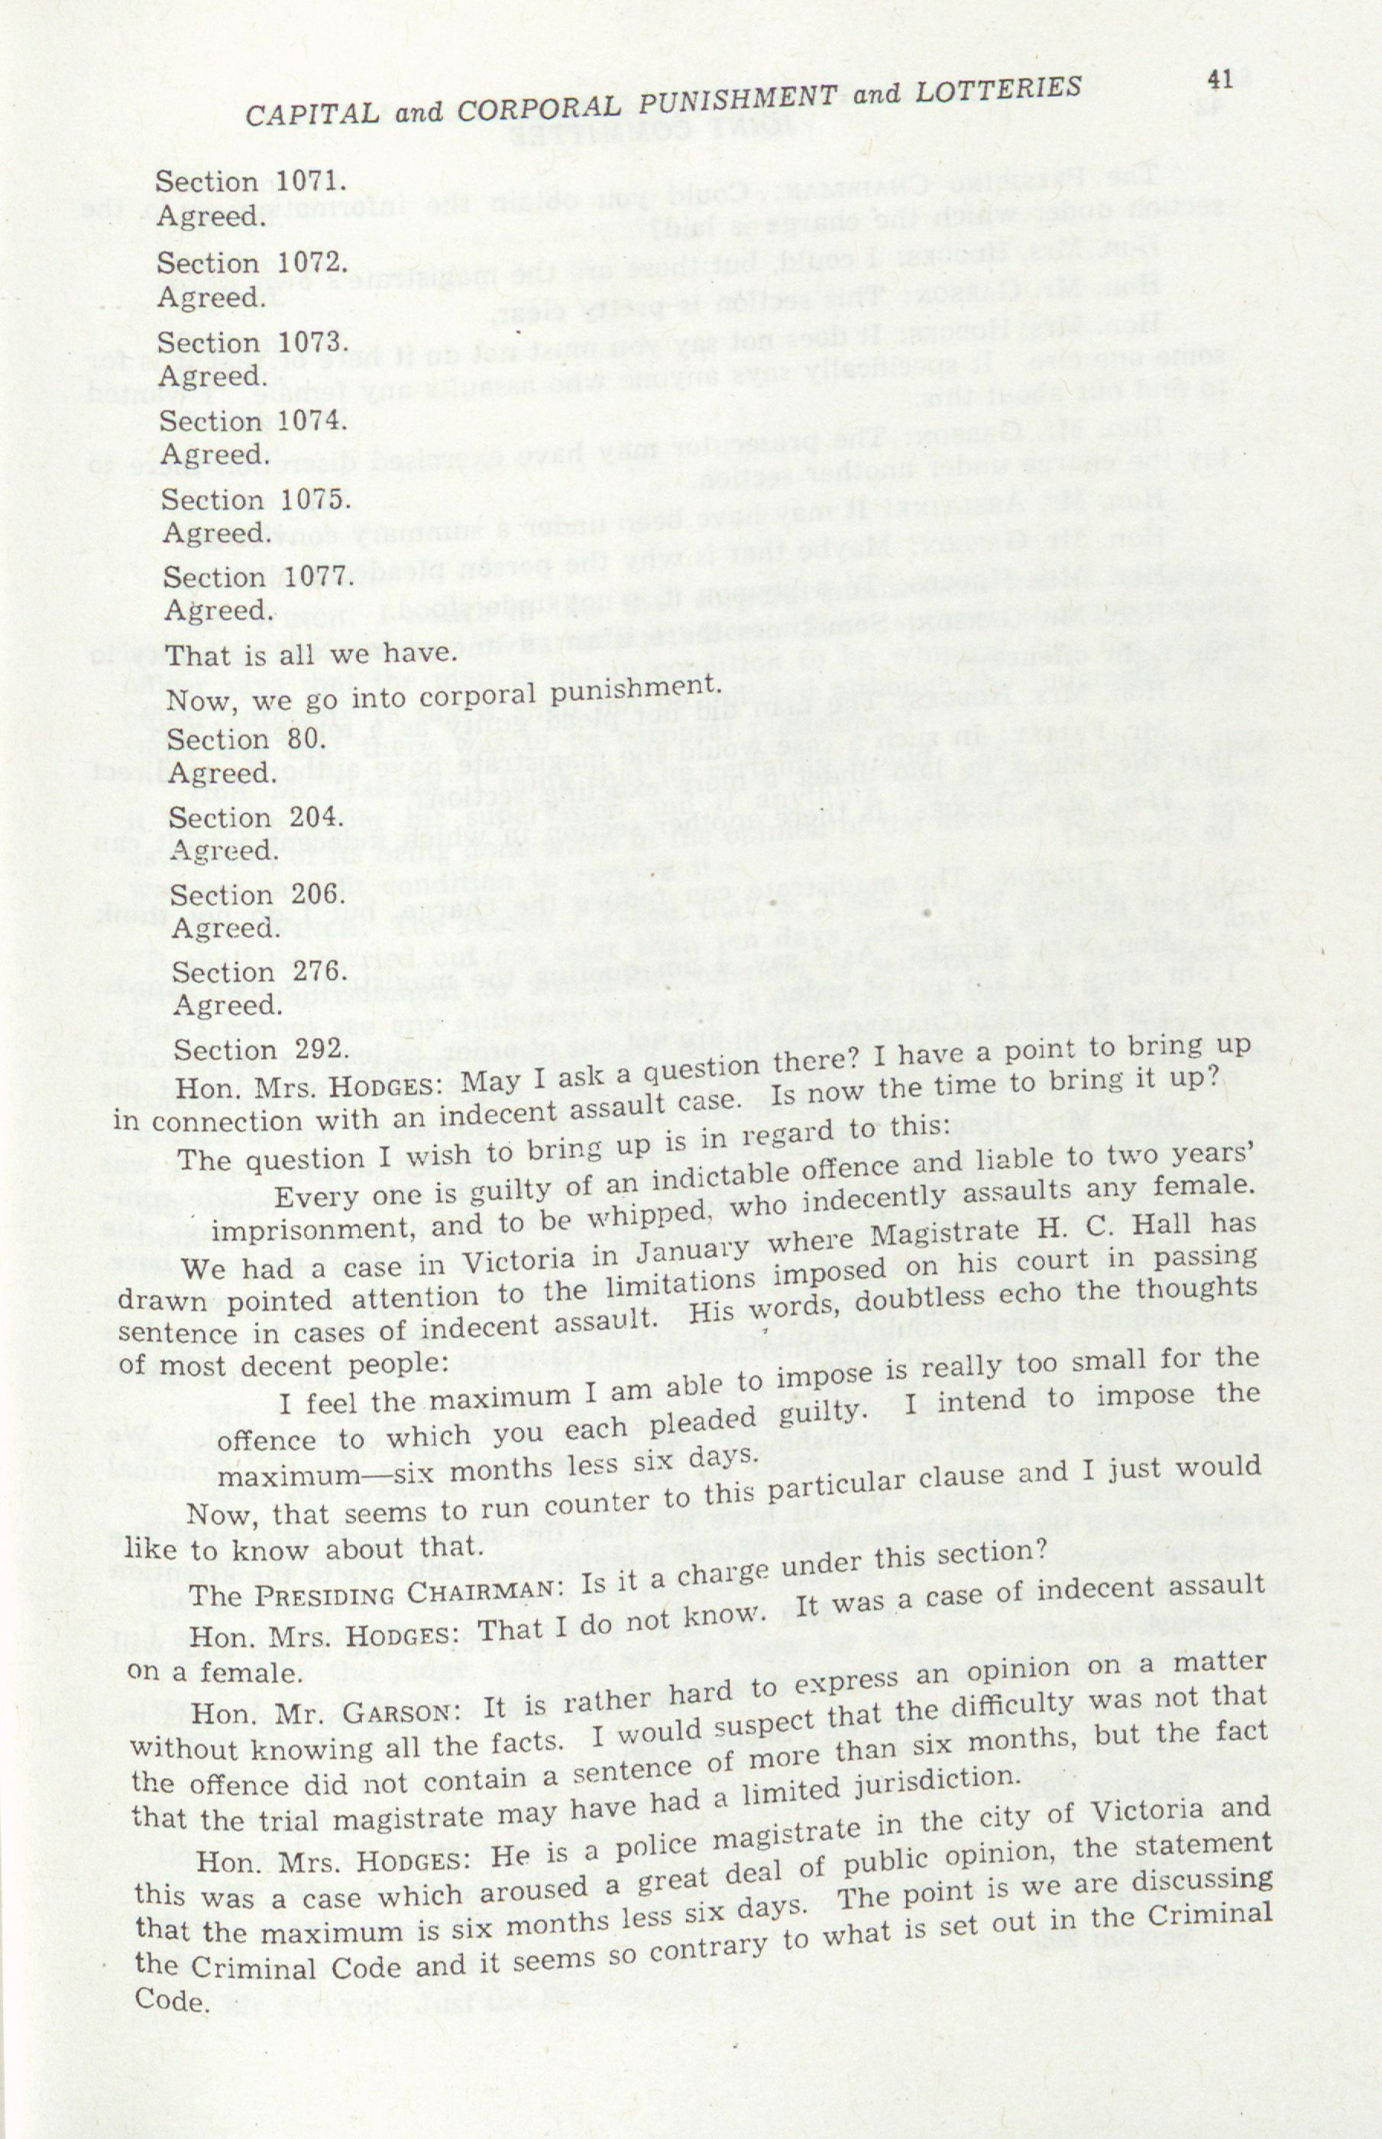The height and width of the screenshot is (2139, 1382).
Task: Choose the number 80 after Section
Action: [298, 739]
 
